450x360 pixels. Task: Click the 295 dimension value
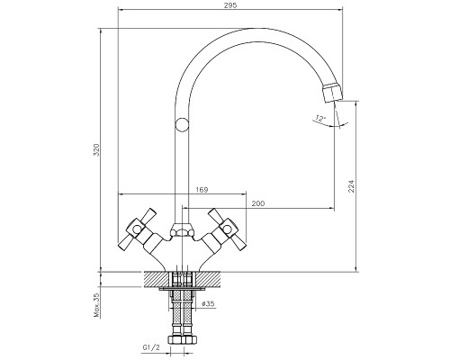231,5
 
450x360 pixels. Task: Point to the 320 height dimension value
96,149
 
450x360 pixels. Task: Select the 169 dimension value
202,190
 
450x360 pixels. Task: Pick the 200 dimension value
258,203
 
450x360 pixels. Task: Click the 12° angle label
320,119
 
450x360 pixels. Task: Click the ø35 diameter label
208,303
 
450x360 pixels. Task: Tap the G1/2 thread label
151,348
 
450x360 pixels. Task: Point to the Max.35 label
96,305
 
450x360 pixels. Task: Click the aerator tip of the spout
332,93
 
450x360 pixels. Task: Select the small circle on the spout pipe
182,125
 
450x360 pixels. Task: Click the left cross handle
138,230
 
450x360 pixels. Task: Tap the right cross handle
227,230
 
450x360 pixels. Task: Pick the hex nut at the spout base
182,230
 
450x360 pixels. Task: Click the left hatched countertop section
157,279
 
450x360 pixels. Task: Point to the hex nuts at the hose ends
182,339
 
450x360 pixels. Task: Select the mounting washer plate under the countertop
182,289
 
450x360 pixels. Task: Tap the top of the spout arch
255,30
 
